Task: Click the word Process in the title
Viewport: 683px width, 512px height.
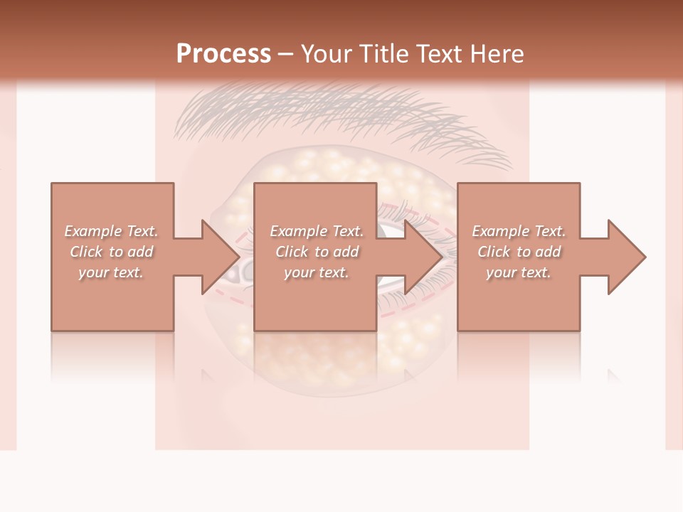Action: tap(223, 54)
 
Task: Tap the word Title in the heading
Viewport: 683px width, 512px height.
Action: tap(383, 54)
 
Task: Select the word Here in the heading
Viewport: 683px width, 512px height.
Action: tap(497, 54)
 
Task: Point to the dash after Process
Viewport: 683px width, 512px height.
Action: tap(285, 55)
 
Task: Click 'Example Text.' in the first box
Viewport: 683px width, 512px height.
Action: tap(111, 231)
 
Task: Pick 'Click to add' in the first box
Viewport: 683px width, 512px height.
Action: tap(111, 252)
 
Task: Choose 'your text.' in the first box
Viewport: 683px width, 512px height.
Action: tap(111, 272)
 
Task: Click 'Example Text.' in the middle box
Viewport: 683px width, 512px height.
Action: tap(317, 231)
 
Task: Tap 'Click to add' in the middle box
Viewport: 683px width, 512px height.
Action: tap(317, 252)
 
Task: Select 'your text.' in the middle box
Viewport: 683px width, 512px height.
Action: tap(317, 272)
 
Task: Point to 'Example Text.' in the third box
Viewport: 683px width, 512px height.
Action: tap(519, 231)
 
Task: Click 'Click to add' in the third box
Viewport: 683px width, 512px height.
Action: tap(519, 252)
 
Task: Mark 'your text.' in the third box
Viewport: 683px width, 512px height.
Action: tap(519, 272)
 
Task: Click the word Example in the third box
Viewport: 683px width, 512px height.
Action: tap(501, 231)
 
